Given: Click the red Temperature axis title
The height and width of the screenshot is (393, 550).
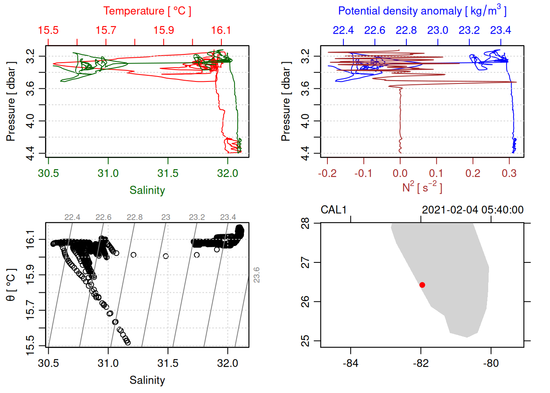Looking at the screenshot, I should coord(147,11).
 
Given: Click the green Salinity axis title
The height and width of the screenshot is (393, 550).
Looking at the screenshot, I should coord(147,190).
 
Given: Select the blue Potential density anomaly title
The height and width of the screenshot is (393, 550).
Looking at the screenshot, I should coord(422,11).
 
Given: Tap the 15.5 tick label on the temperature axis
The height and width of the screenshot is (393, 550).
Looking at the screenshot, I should coord(48,30).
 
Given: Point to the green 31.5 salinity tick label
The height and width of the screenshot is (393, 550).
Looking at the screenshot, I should coord(168,173).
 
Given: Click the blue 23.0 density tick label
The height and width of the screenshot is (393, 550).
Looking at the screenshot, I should coord(437,30).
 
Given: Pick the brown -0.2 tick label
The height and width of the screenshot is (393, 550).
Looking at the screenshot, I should coord(327,173).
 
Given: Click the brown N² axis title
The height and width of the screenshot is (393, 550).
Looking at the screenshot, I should coord(422,187).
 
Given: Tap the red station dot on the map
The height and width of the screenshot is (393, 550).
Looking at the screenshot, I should coord(422,285).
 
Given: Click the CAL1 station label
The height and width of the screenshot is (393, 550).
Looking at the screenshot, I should coord(334,210).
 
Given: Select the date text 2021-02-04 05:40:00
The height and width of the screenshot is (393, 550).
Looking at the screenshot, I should coord(473,210).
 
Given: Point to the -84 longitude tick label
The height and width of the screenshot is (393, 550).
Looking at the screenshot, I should coord(351,363).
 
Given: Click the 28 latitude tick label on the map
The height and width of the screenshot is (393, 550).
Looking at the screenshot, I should coord(305,224).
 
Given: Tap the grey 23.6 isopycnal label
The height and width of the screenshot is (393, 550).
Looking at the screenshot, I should coord(257,275).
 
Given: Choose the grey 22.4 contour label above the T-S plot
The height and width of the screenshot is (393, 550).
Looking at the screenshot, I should coord(72,217).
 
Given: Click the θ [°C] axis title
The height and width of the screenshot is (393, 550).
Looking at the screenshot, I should coord(11,285).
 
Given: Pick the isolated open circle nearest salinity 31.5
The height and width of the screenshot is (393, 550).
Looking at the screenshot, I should coord(166,256).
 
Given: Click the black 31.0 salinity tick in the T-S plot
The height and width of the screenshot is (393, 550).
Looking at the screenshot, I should coord(108,363).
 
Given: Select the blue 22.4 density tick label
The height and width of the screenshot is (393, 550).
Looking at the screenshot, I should coord(343,30).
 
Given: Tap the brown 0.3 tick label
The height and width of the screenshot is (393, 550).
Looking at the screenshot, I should coord(509,173).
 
